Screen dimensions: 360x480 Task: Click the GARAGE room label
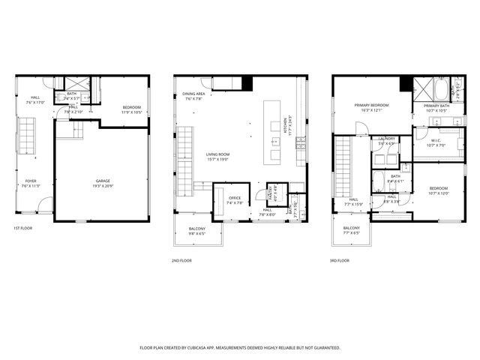click(102, 181)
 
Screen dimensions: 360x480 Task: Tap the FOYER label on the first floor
click(31, 181)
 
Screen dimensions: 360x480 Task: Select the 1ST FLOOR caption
click(22, 228)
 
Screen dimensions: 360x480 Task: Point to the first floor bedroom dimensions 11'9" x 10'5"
click(132, 112)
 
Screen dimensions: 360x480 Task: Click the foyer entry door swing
click(46, 203)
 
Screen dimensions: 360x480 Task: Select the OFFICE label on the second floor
click(235, 198)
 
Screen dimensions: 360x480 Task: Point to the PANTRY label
click(270, 193)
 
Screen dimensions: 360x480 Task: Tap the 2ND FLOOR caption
click(181, 260)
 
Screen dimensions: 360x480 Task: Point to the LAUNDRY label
click(387, 138)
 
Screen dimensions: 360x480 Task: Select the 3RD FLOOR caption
click(339, 260)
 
